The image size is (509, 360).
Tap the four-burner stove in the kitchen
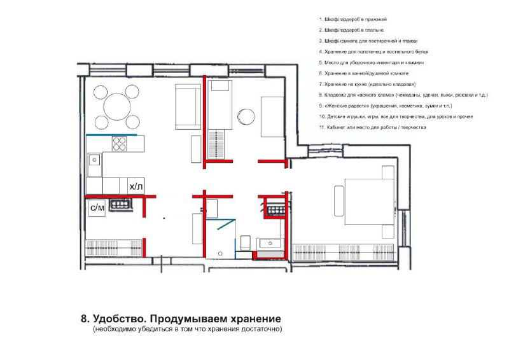pos(120,143)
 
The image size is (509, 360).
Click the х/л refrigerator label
pos(136,187)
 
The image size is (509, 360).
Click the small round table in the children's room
pos(246,116)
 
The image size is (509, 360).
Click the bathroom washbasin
pos(270,242)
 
